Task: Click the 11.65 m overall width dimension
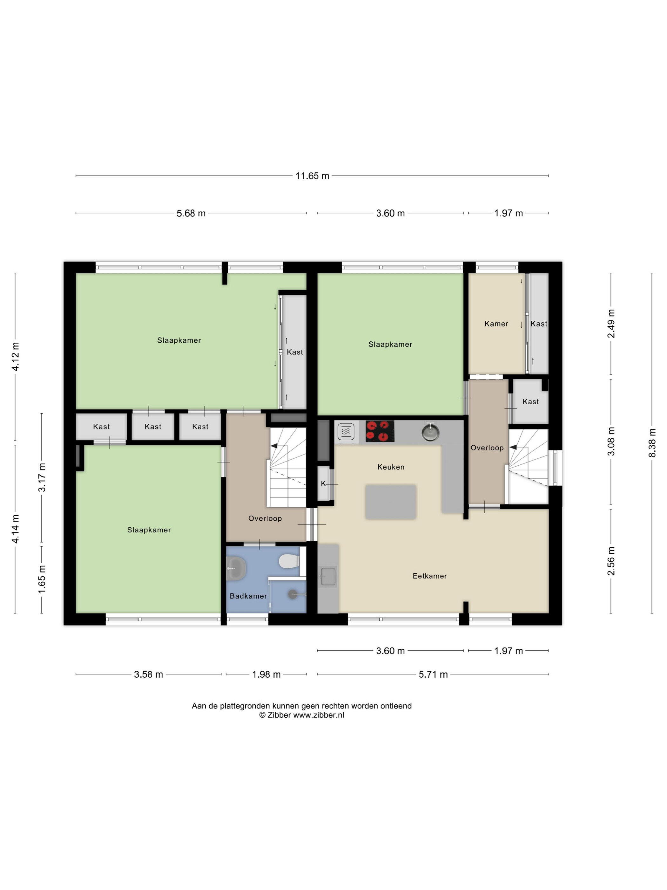(x=312, y=176)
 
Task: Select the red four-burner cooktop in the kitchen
(x=380, y=431)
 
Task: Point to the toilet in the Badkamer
(x=289, y=561)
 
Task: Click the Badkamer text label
(x=248, y=596)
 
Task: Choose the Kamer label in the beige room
(x=496, y=324)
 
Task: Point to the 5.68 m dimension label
(x=191, y=213)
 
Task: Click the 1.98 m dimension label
(x=266, y=674)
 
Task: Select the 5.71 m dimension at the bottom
(x=433, y=674)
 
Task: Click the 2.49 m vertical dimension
(x=611, y=324)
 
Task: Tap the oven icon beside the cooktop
(x=346, y=432)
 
